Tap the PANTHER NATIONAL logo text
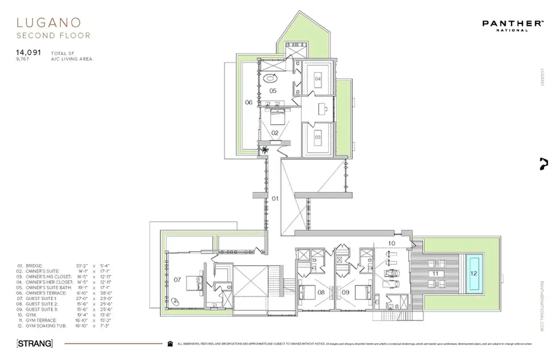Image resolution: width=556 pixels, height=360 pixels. click(513, 23)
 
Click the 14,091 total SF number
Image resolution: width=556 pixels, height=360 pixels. click(28, 53)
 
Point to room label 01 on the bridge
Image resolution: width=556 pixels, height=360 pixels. click(276, 197)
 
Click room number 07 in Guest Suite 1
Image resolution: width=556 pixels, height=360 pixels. click(177, 279)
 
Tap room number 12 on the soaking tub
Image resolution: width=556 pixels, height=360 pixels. click(474, 274)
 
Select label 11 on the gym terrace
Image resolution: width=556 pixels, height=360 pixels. click(434, 273)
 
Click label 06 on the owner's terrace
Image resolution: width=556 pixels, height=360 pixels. click(248, 103)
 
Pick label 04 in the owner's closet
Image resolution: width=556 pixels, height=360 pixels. click(317, 79)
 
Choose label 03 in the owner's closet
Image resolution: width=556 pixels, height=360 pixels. click(317, 137)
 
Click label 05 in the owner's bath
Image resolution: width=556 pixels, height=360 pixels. click(272, 91)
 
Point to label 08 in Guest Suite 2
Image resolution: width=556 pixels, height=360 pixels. click(321, 292)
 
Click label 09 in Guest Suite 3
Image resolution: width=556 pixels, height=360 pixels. click(345, 292)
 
